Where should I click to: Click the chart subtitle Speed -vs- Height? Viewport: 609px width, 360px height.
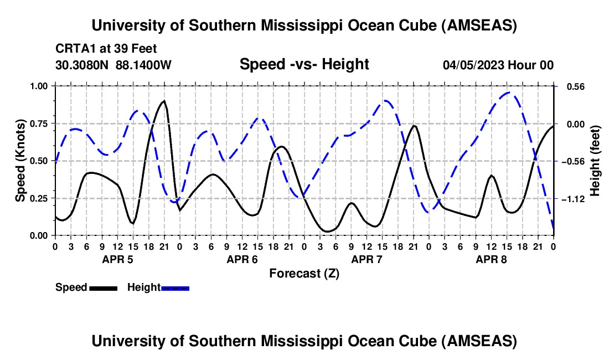coord(304,64)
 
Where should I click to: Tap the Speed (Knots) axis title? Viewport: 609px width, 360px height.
coord(20,161)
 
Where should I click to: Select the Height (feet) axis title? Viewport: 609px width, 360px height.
coord(595,161)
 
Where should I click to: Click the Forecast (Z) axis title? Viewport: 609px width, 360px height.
coord(304,273)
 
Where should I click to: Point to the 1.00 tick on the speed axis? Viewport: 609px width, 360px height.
coord(40,86)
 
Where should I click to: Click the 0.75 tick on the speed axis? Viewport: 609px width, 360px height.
coord(40,124)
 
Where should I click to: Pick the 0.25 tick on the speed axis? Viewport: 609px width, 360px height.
coord(40,198)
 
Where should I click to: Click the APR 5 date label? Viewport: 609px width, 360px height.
coord(117,259)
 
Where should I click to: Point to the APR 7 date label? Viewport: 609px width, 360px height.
coord(367,259)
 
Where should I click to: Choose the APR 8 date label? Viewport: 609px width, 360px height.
coord(491,259)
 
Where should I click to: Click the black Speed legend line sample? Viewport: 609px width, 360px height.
coord(103,287)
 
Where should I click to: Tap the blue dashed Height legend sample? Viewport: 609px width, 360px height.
coord(175,287)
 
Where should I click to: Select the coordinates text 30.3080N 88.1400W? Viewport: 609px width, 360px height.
coord(113,65)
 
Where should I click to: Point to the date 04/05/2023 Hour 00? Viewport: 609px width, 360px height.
coord(498,65)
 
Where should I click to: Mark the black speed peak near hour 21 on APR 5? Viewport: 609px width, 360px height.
coord(164,101)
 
